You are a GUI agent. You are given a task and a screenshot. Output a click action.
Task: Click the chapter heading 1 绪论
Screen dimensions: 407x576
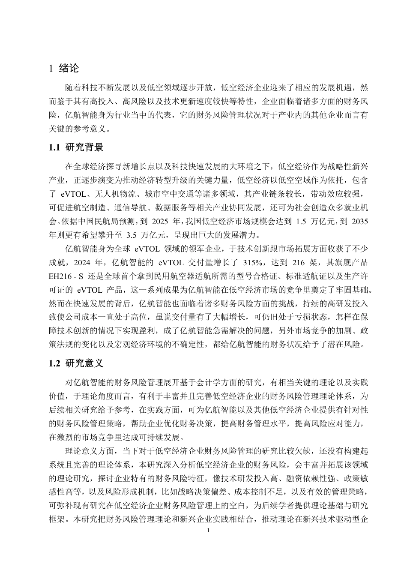[x=64, y=68]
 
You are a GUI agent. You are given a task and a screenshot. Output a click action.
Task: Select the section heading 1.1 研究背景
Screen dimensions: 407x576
[x=76, y=148]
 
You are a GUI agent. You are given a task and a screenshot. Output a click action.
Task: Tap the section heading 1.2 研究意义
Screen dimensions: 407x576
[x=76, y=363]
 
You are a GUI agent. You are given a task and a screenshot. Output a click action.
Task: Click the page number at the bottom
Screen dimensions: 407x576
[x=208, y=531]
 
